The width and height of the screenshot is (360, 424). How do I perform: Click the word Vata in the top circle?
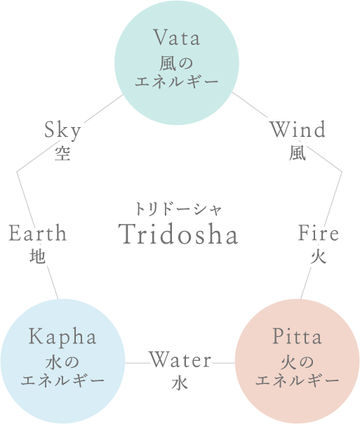(x=177, y=37)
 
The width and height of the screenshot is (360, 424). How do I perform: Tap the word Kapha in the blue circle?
(x=62, y=338)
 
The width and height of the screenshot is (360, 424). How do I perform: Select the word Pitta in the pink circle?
(x=297, y=336)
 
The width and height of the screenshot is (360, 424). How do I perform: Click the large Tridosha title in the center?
(x=178, y=234)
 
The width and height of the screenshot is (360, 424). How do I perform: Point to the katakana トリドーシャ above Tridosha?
(x=178, y=209)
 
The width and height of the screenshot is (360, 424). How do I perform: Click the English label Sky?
(x=62, y=131)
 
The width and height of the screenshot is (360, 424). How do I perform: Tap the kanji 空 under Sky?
(x=62, y=154)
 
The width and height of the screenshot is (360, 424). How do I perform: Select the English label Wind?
(x=298, y=130)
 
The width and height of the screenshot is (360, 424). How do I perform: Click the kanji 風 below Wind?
(x=298, y=154)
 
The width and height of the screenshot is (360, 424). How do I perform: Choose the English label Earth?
(x=38, y=233)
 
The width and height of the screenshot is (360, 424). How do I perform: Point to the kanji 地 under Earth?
(x=38, y=256)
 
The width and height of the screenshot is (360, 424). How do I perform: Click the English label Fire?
(x=319, y=233)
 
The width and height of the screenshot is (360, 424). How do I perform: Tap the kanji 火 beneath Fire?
(x=319, y=256)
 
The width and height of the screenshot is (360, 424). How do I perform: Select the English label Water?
(x=180, y=359)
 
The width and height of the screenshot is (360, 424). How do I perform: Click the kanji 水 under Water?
(x=180, y=383)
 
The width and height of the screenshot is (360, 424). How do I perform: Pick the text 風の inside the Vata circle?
(x=176, y=64)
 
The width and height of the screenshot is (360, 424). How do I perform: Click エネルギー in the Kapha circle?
(x=62, y=380)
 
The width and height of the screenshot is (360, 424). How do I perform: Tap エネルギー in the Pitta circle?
(x=297, y=380)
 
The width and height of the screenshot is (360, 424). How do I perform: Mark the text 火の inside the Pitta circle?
(x=297, y=362)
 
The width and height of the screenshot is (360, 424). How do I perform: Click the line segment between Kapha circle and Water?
(x=137, y=363)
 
